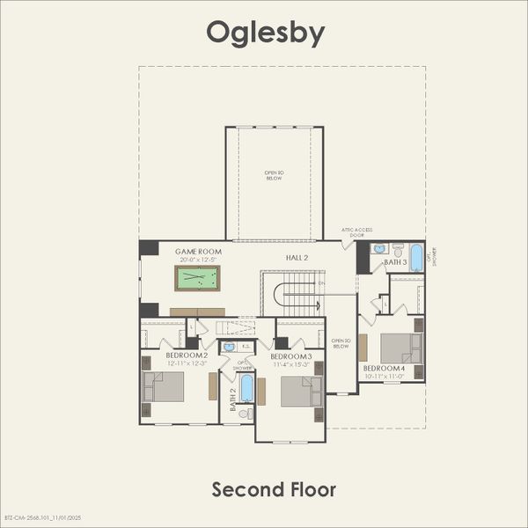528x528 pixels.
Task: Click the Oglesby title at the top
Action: (265, 33)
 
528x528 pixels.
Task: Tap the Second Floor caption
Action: (274, 488)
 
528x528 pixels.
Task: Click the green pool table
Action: (198, 279)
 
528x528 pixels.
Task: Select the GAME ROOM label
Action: (198, 252)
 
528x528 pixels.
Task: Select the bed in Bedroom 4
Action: (401, 348)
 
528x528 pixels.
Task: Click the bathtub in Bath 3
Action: (416, 258)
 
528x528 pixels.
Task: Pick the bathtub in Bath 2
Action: (246, 388)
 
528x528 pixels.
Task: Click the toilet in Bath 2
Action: (246, 414)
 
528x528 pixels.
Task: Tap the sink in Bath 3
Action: (379, 249)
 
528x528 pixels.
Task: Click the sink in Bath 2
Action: (229, 347)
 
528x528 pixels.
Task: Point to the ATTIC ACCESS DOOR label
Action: (354, 233)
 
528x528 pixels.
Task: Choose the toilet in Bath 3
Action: (398, 250)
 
